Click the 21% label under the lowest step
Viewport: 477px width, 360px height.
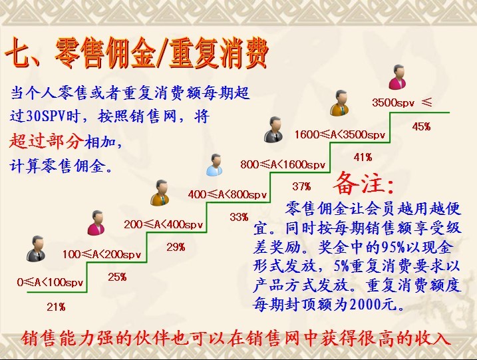coord(56,307)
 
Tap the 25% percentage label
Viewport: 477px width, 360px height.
coord(117,277)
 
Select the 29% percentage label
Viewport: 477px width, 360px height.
coord(176,247)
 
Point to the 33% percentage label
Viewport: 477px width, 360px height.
coord(239,217)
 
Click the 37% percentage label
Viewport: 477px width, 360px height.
coord(301,186)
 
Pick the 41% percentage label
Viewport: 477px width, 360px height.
coord(363,157)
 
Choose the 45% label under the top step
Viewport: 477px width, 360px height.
coord(421,126)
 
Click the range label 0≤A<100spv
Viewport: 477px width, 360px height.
coord(50,282)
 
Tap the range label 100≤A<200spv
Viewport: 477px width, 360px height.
coord(102,254)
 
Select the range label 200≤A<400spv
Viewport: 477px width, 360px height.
coord(164,224)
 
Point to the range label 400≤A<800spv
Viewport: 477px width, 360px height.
coord(228,194)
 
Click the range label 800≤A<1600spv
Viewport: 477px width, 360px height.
coord(283,164)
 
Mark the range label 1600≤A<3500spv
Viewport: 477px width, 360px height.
coord(340,134)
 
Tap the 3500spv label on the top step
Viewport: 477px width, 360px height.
coord(393,102)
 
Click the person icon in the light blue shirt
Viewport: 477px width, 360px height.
coord(214,165)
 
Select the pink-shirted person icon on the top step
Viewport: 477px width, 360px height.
coord(398,77)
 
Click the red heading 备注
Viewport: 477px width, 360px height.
coord(364,183)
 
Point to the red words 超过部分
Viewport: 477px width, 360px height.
coord(47,141)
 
